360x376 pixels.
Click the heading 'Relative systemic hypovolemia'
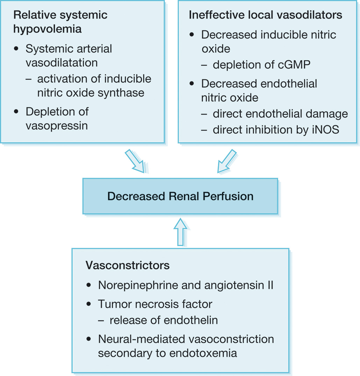[60, 22]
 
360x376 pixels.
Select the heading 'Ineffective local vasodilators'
[265, 15]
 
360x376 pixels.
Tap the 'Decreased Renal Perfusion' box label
[180, 196]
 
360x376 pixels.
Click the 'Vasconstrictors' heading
[127, 265]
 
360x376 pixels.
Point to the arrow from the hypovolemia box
[134, 161]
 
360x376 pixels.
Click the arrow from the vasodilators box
[227, 161]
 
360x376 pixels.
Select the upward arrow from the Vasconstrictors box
[181, 232]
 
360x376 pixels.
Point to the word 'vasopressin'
[57, 126]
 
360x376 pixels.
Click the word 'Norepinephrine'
[138, 285]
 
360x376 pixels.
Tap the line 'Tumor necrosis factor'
[155, 304]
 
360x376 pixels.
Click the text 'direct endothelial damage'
[280, 114]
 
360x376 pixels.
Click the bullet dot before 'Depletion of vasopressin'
[16, 112]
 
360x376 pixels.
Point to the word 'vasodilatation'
[62, 63]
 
